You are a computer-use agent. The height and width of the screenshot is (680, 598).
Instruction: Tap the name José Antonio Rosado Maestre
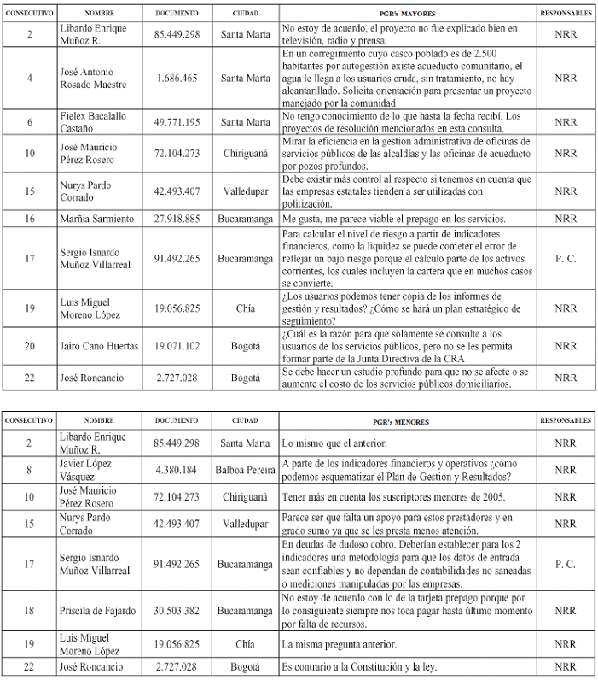(x=84, y=78)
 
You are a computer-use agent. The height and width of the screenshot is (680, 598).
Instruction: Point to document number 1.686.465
(x=177, y=78)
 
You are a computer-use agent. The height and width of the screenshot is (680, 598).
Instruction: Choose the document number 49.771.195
(x=177, y=122)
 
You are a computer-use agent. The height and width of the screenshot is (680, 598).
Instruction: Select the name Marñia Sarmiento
(x=89, y=219)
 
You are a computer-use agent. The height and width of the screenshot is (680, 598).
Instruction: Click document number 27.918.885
(x=177, y=219)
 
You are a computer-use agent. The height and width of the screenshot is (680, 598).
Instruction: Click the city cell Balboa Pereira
(x=246, y=469)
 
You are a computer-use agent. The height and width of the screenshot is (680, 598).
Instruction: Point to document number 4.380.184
(x=177, y=469)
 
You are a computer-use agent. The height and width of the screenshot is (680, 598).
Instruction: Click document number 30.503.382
(x=177, y=610)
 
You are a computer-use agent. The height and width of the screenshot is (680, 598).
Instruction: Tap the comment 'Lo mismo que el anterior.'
(x=336, y=443)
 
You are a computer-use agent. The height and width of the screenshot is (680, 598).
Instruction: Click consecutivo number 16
(x=30, y=219)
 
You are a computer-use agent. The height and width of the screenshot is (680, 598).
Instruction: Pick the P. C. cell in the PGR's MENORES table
(x=566, y=565)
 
